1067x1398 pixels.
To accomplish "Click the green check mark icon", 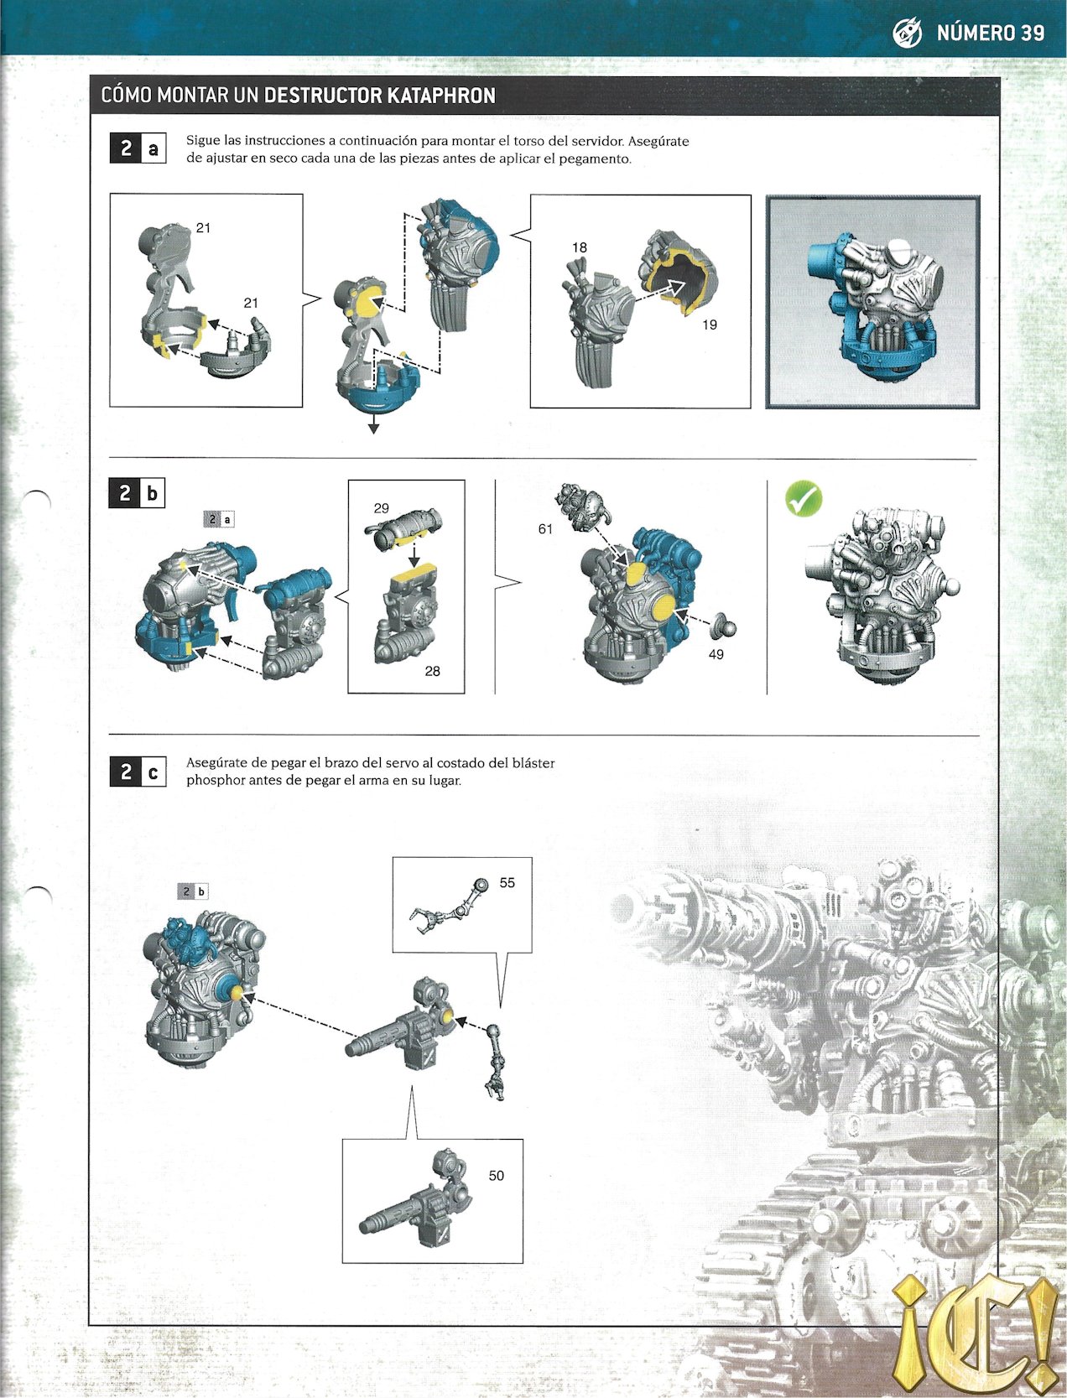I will [x=803, y=499].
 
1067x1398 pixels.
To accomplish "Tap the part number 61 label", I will [x=545, y=529].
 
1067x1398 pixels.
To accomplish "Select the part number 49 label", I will [x=716, y=654].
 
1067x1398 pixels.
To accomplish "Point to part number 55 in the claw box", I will [x=507, y=883].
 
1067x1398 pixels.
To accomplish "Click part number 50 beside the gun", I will [x=496, y=1176].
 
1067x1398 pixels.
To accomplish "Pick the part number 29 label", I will [x=382, y=508].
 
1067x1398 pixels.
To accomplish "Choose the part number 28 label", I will [x=432, y=671].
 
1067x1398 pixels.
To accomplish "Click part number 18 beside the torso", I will [x=580, y=247].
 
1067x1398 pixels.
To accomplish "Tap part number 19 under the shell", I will [x=710, y=325].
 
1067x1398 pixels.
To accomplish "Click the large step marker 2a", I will [x=138, y=148].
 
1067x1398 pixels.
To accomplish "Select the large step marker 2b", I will [x=138, y=493].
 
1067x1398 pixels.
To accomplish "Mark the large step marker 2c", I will [x=138, y=772].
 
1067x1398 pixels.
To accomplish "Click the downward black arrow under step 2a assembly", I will [x=373, y=427].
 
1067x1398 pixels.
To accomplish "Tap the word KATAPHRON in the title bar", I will [x=441, y=96].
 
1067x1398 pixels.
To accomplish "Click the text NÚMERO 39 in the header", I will [x=990, y=33].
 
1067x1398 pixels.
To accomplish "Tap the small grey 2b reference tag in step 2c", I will [x=193, y=891].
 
